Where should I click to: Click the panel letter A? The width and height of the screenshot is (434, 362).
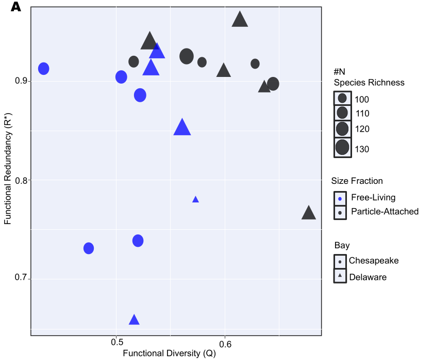15,7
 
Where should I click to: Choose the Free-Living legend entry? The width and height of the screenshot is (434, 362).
373,197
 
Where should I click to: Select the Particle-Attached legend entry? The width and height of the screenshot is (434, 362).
385,211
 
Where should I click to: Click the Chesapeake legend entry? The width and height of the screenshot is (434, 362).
374,261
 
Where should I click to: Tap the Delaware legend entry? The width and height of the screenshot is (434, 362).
368,277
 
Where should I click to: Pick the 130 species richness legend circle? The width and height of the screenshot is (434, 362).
342,148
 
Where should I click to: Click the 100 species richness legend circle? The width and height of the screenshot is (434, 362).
342,98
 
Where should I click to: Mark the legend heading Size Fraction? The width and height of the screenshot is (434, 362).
357,181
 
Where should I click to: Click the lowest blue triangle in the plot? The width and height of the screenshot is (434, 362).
134,320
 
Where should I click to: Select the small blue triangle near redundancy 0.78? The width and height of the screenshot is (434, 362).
195,199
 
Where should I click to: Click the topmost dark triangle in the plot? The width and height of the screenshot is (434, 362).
240,20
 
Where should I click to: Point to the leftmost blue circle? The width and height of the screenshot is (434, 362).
44,69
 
